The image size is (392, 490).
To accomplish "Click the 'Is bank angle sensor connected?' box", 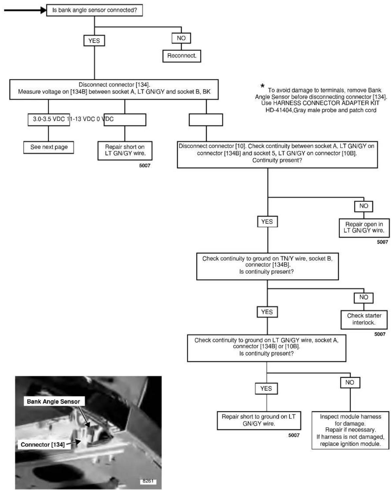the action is [94, 10].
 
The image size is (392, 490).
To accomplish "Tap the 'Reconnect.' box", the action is [182, 56].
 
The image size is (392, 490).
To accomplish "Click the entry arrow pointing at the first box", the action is [25, 10].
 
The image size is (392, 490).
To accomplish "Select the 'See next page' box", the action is [49, 147].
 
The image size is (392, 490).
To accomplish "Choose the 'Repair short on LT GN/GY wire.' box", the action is [125, 151].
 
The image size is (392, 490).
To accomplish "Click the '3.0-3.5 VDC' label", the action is [49, 119].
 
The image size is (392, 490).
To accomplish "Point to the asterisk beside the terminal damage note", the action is [262, 86].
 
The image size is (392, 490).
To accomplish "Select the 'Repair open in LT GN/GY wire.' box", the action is [364, 228].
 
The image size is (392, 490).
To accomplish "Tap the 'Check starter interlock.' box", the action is [364, 319].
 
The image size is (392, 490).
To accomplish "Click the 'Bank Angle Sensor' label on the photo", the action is [54, 401].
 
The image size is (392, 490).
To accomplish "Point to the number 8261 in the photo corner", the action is [148, 481].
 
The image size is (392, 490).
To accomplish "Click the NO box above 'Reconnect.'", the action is [181, 38].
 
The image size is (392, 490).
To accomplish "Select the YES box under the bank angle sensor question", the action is [94, 41].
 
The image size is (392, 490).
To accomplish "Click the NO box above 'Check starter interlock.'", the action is [363, 298].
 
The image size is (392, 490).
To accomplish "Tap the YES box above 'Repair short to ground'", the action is [266, 389].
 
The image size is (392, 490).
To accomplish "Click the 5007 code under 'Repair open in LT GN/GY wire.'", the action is [382, 242].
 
